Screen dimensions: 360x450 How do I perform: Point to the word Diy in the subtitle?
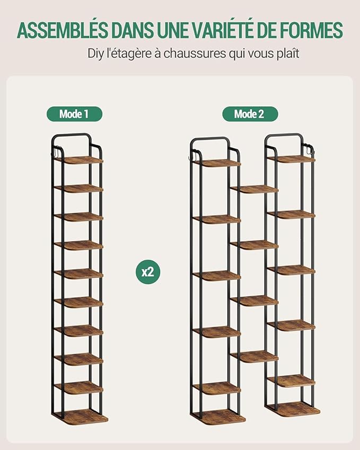pos(95,54)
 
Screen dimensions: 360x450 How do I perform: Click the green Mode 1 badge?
pos(74,114)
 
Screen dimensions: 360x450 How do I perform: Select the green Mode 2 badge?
pos(250,114)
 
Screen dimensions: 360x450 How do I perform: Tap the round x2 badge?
pos(148,271)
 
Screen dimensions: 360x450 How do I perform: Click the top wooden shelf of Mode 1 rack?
pos(78,160)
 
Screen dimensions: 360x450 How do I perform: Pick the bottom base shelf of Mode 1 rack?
pos(81,417)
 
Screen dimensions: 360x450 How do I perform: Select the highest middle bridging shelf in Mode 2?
pos(254,189)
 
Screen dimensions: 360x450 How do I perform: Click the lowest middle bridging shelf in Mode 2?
pos(254,356)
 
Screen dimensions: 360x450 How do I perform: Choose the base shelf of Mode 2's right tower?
pos(293,409)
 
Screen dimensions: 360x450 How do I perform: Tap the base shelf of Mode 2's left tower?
pos(218,417)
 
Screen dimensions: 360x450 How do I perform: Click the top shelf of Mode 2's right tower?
pos(291,160)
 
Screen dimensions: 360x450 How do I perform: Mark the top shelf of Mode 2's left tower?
pos(217,163)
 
